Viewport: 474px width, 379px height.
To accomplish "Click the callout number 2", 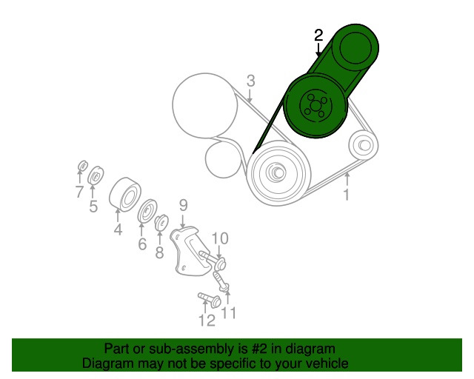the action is tap(318, 36).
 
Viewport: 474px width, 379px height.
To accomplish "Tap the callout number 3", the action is tap(251, 81).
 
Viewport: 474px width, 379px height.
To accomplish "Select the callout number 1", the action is tap(347, 195).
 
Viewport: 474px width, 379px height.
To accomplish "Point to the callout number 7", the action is tap(79, 191).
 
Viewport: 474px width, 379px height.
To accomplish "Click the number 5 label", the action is tap(93, 206).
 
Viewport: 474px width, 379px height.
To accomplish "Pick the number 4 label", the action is tap(118, 229).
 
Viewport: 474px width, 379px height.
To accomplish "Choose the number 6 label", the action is tap(142, 244).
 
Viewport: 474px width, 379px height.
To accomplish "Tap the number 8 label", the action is tap(159, 252).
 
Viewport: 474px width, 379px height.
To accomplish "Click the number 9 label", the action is tap(183, 205).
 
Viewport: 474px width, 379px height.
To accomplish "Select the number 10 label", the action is tap(219, 238).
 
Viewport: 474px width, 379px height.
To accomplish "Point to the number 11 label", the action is tap(229, 313).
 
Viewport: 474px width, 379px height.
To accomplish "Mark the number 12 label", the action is tap(207, 321).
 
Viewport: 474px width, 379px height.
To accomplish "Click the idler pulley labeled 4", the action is tap(125, 193).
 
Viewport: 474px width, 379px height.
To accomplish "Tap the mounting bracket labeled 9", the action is tap(190, 251).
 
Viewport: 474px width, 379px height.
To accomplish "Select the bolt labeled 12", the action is tap(209, 300).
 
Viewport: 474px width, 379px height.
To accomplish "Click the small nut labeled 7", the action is tap(82, 166).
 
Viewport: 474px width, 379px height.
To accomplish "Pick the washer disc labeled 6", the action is tap(147, 211).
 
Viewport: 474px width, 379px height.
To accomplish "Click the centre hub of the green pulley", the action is tap(315, 105).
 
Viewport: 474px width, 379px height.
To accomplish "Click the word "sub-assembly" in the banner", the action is tap(191, 349).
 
